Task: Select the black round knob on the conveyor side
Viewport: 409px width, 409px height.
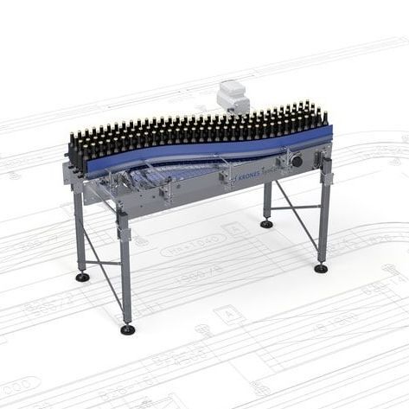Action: click(x=297, y=161)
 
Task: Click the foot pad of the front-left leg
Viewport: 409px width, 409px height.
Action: click(x=128, y=329)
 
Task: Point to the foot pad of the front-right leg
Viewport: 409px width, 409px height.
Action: click(x=321, y=268)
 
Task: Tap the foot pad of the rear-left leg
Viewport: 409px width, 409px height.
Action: click(x=82, y=278)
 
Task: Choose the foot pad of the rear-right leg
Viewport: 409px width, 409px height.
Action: click(x=266, y=224)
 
